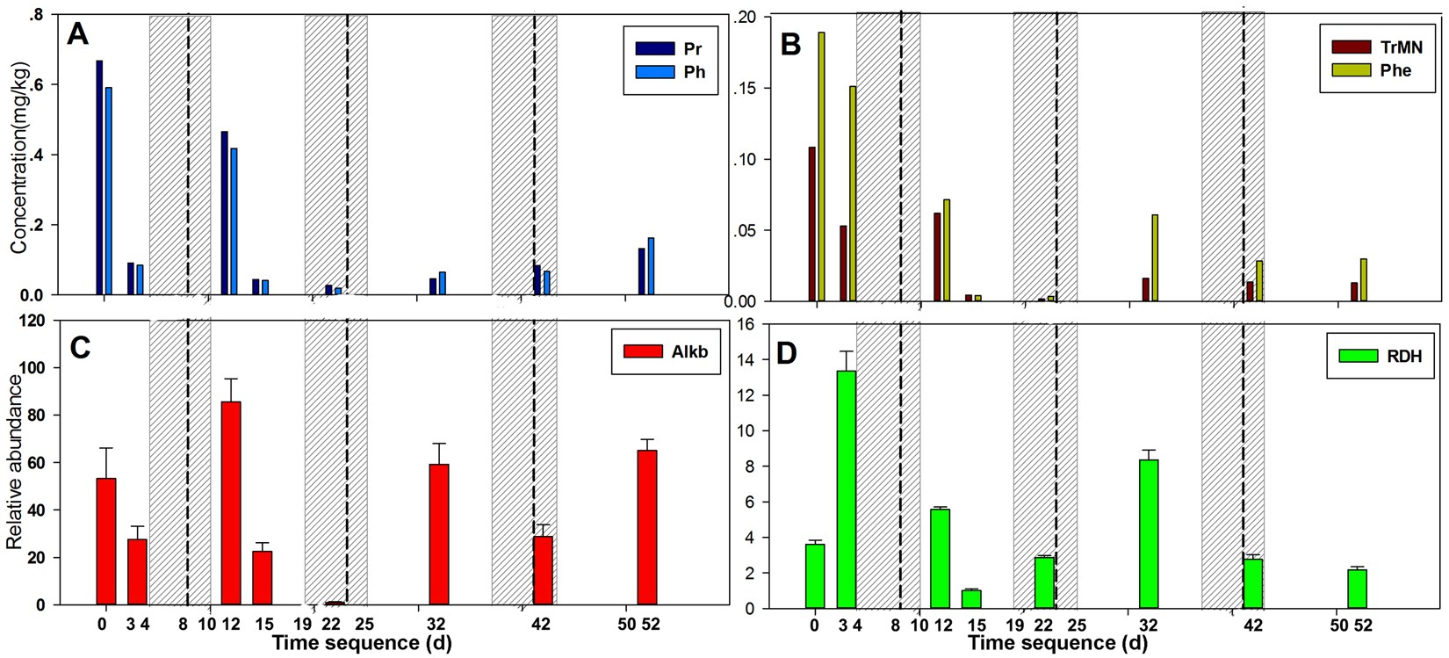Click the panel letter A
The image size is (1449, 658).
78,36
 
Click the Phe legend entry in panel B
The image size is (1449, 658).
1370,70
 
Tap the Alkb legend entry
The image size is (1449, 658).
665,351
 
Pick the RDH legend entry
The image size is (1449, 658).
1379,356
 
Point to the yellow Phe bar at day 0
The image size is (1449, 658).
822,167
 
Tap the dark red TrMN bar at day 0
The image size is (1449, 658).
812,224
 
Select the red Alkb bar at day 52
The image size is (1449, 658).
647,527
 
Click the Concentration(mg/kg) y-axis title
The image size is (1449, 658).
19,158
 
